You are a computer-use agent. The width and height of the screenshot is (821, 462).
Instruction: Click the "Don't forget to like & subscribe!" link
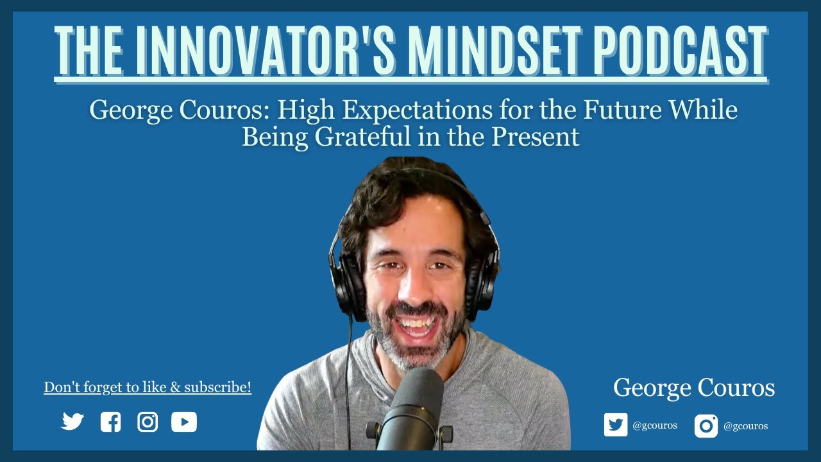coord(148,388)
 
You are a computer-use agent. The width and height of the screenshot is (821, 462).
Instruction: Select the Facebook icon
coord(110,422)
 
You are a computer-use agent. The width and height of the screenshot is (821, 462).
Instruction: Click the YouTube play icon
coord(184,422)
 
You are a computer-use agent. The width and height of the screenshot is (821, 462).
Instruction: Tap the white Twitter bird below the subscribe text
coord(72,422)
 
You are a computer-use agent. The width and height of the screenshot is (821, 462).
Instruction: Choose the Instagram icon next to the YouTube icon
coord(148,422)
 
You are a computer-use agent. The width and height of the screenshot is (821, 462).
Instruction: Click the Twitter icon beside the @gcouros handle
coord(616,425)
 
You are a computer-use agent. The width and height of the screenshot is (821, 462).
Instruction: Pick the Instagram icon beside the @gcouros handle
coord(706,426)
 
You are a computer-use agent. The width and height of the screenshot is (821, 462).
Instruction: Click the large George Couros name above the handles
coord(694,388)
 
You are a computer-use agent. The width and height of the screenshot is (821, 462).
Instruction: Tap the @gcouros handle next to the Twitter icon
coord(654,425)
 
